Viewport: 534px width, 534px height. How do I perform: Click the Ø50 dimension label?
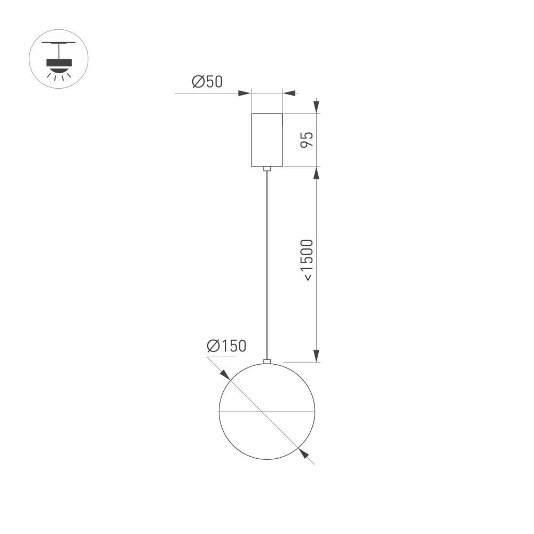point(207,82)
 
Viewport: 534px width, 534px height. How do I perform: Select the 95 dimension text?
point(306,140)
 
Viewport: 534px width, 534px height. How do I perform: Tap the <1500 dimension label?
point(308,260)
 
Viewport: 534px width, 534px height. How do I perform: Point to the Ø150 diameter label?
point(227,346)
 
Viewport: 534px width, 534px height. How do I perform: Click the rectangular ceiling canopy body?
point(267,140)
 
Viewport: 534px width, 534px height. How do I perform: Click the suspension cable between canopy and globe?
point(267,267)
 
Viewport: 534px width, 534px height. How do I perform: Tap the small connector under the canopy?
point(267,169)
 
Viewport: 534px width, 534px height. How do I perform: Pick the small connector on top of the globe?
point(267,362)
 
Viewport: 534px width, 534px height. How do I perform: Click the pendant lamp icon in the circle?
point(58,59)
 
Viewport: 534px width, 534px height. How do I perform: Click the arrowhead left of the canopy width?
point(245,93)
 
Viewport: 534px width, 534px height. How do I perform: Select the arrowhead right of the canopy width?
point(289,93)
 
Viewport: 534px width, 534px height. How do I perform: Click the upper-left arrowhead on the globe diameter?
point(225,374)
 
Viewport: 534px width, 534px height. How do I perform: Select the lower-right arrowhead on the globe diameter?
point(304,453)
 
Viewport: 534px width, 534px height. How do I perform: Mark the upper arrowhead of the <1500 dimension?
point(316,173)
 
